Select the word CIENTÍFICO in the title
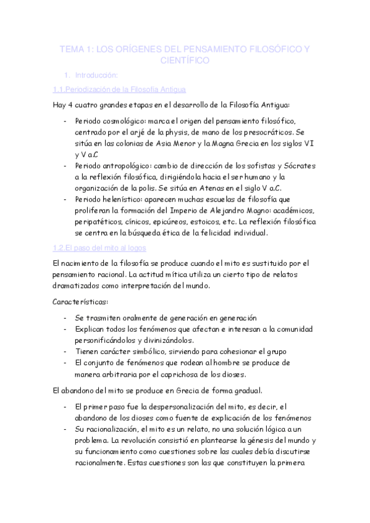coord(185,60)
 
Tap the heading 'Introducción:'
coord(95,75)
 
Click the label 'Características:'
coord(80,302)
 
